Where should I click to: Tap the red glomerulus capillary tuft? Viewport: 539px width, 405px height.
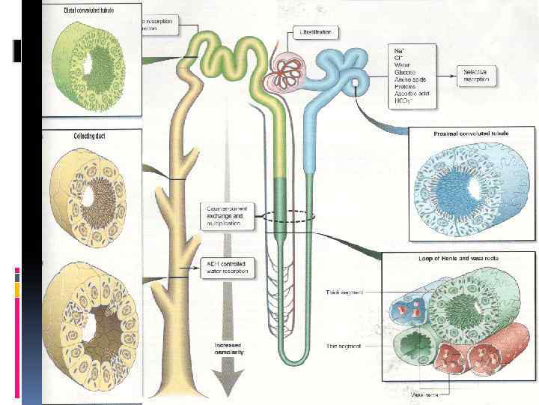pos(287,71)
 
